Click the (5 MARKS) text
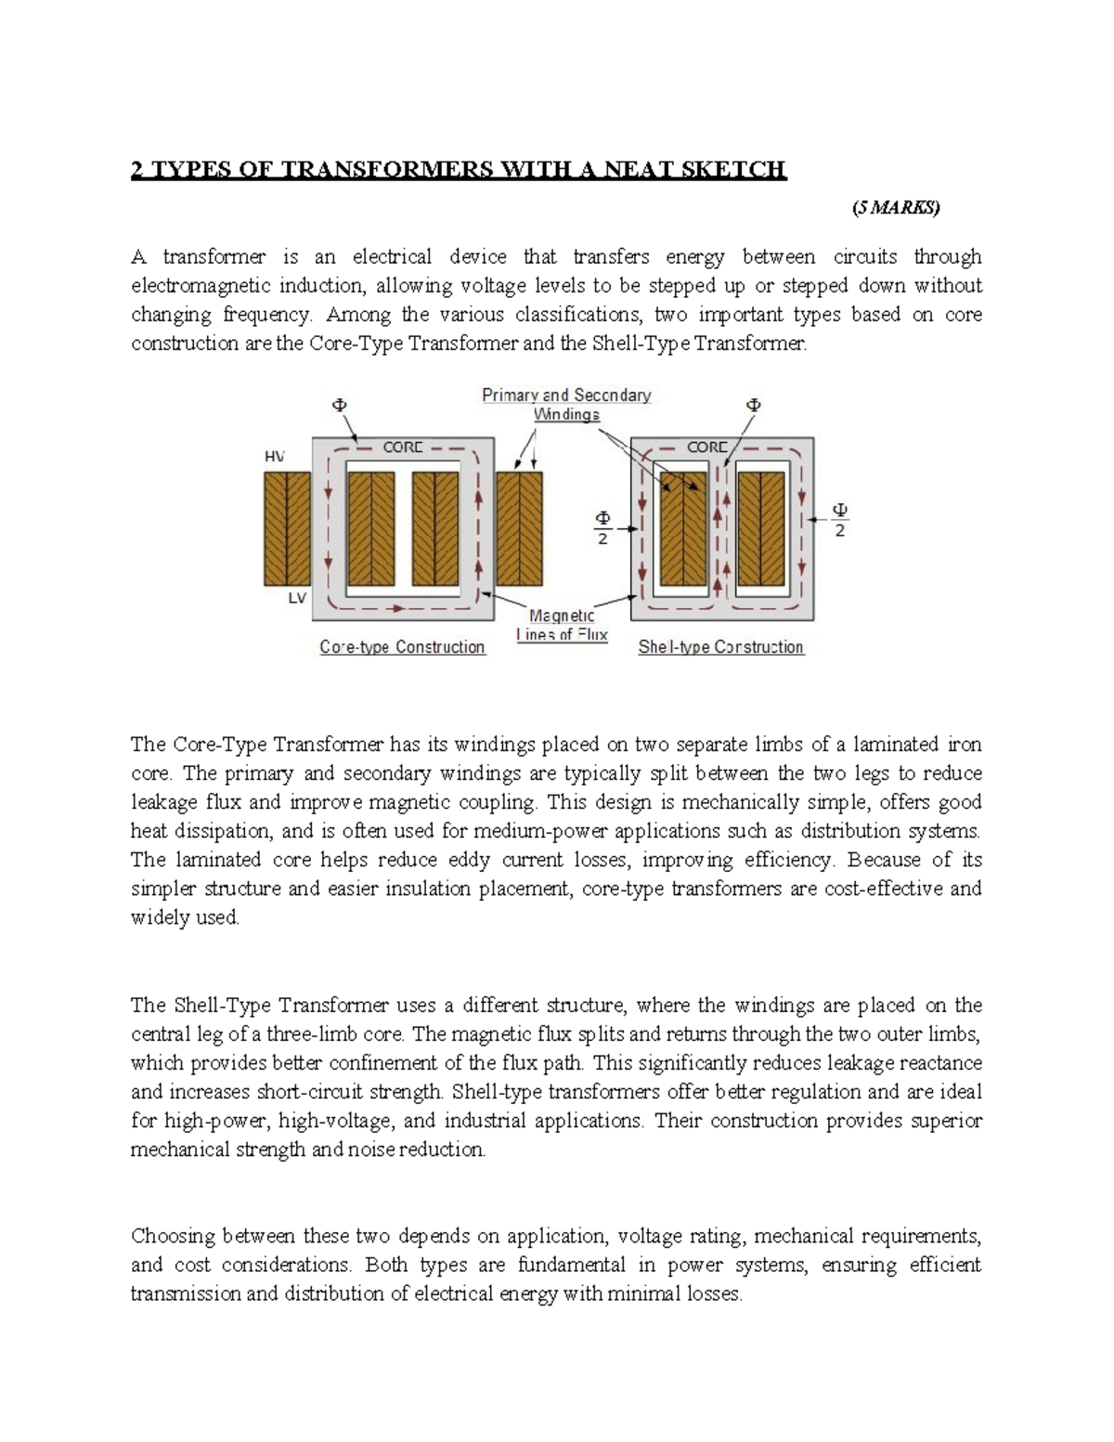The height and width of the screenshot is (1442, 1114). point(895,208)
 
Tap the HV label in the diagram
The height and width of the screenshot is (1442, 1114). point(275,456)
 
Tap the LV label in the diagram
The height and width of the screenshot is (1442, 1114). point(296,599)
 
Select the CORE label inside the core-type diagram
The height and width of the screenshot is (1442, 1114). point(403,448)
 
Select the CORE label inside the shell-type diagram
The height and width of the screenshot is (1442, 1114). point(706,448)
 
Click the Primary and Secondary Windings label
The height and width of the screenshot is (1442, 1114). point(566,405)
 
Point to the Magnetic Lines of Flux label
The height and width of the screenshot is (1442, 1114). point(562,625)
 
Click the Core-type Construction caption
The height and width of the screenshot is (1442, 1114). point(402,647)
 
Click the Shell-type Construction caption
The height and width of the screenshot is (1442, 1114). point(720,647)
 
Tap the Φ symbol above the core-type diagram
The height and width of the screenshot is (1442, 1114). point(339,405)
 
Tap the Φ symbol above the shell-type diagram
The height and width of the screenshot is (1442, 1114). point(753,405)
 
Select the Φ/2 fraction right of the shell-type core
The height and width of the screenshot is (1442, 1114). point(839,520)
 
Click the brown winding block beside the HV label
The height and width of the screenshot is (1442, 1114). point(287,527)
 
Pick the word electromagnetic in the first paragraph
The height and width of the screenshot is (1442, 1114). point(191,286)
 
